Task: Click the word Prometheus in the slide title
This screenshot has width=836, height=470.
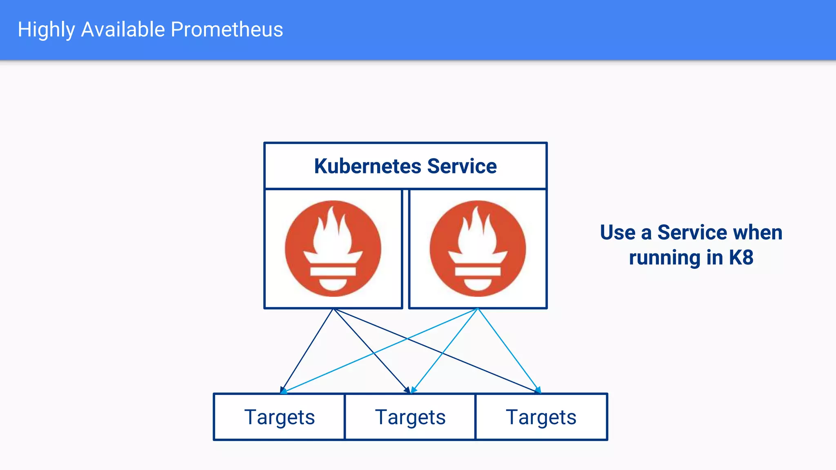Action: click(x=227, y=29)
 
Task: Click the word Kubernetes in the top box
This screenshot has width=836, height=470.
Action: click(x=367, y=166)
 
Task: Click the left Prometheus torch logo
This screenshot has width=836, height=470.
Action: click(x=333, y=248)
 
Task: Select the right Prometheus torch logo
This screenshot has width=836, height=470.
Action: click(x=478, y=248)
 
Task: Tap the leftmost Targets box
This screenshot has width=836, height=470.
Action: click(x=279, y=417)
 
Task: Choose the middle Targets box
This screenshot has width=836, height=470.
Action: click(x=410, y=417)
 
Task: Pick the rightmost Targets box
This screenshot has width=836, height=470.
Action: click(x=541, y=417)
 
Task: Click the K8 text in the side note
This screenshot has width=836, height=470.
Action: click(x=741, y=257)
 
